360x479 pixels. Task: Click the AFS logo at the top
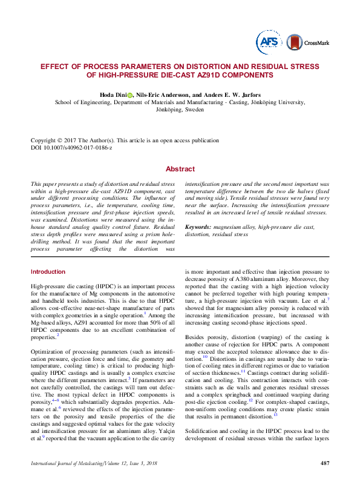(267, 41)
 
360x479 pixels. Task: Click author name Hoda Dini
(113, 95)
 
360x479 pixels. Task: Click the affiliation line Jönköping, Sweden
(180, 111)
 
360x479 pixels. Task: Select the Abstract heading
(180, 170)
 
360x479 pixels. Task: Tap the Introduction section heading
(48, 272)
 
